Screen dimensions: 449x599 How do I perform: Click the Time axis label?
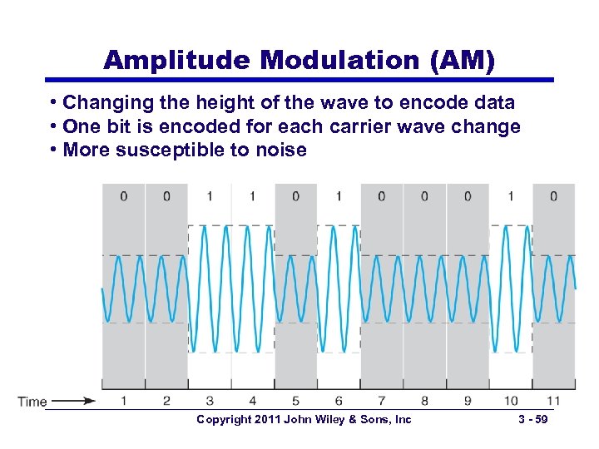click(x=32, y=402)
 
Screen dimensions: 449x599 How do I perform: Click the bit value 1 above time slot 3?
click(x=210, y=196)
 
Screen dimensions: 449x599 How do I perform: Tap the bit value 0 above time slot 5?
click(x=295, y=196)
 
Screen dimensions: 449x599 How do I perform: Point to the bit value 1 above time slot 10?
click(x=511, y=196)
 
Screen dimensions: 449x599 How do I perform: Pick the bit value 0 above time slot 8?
click(x=424, y=196)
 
